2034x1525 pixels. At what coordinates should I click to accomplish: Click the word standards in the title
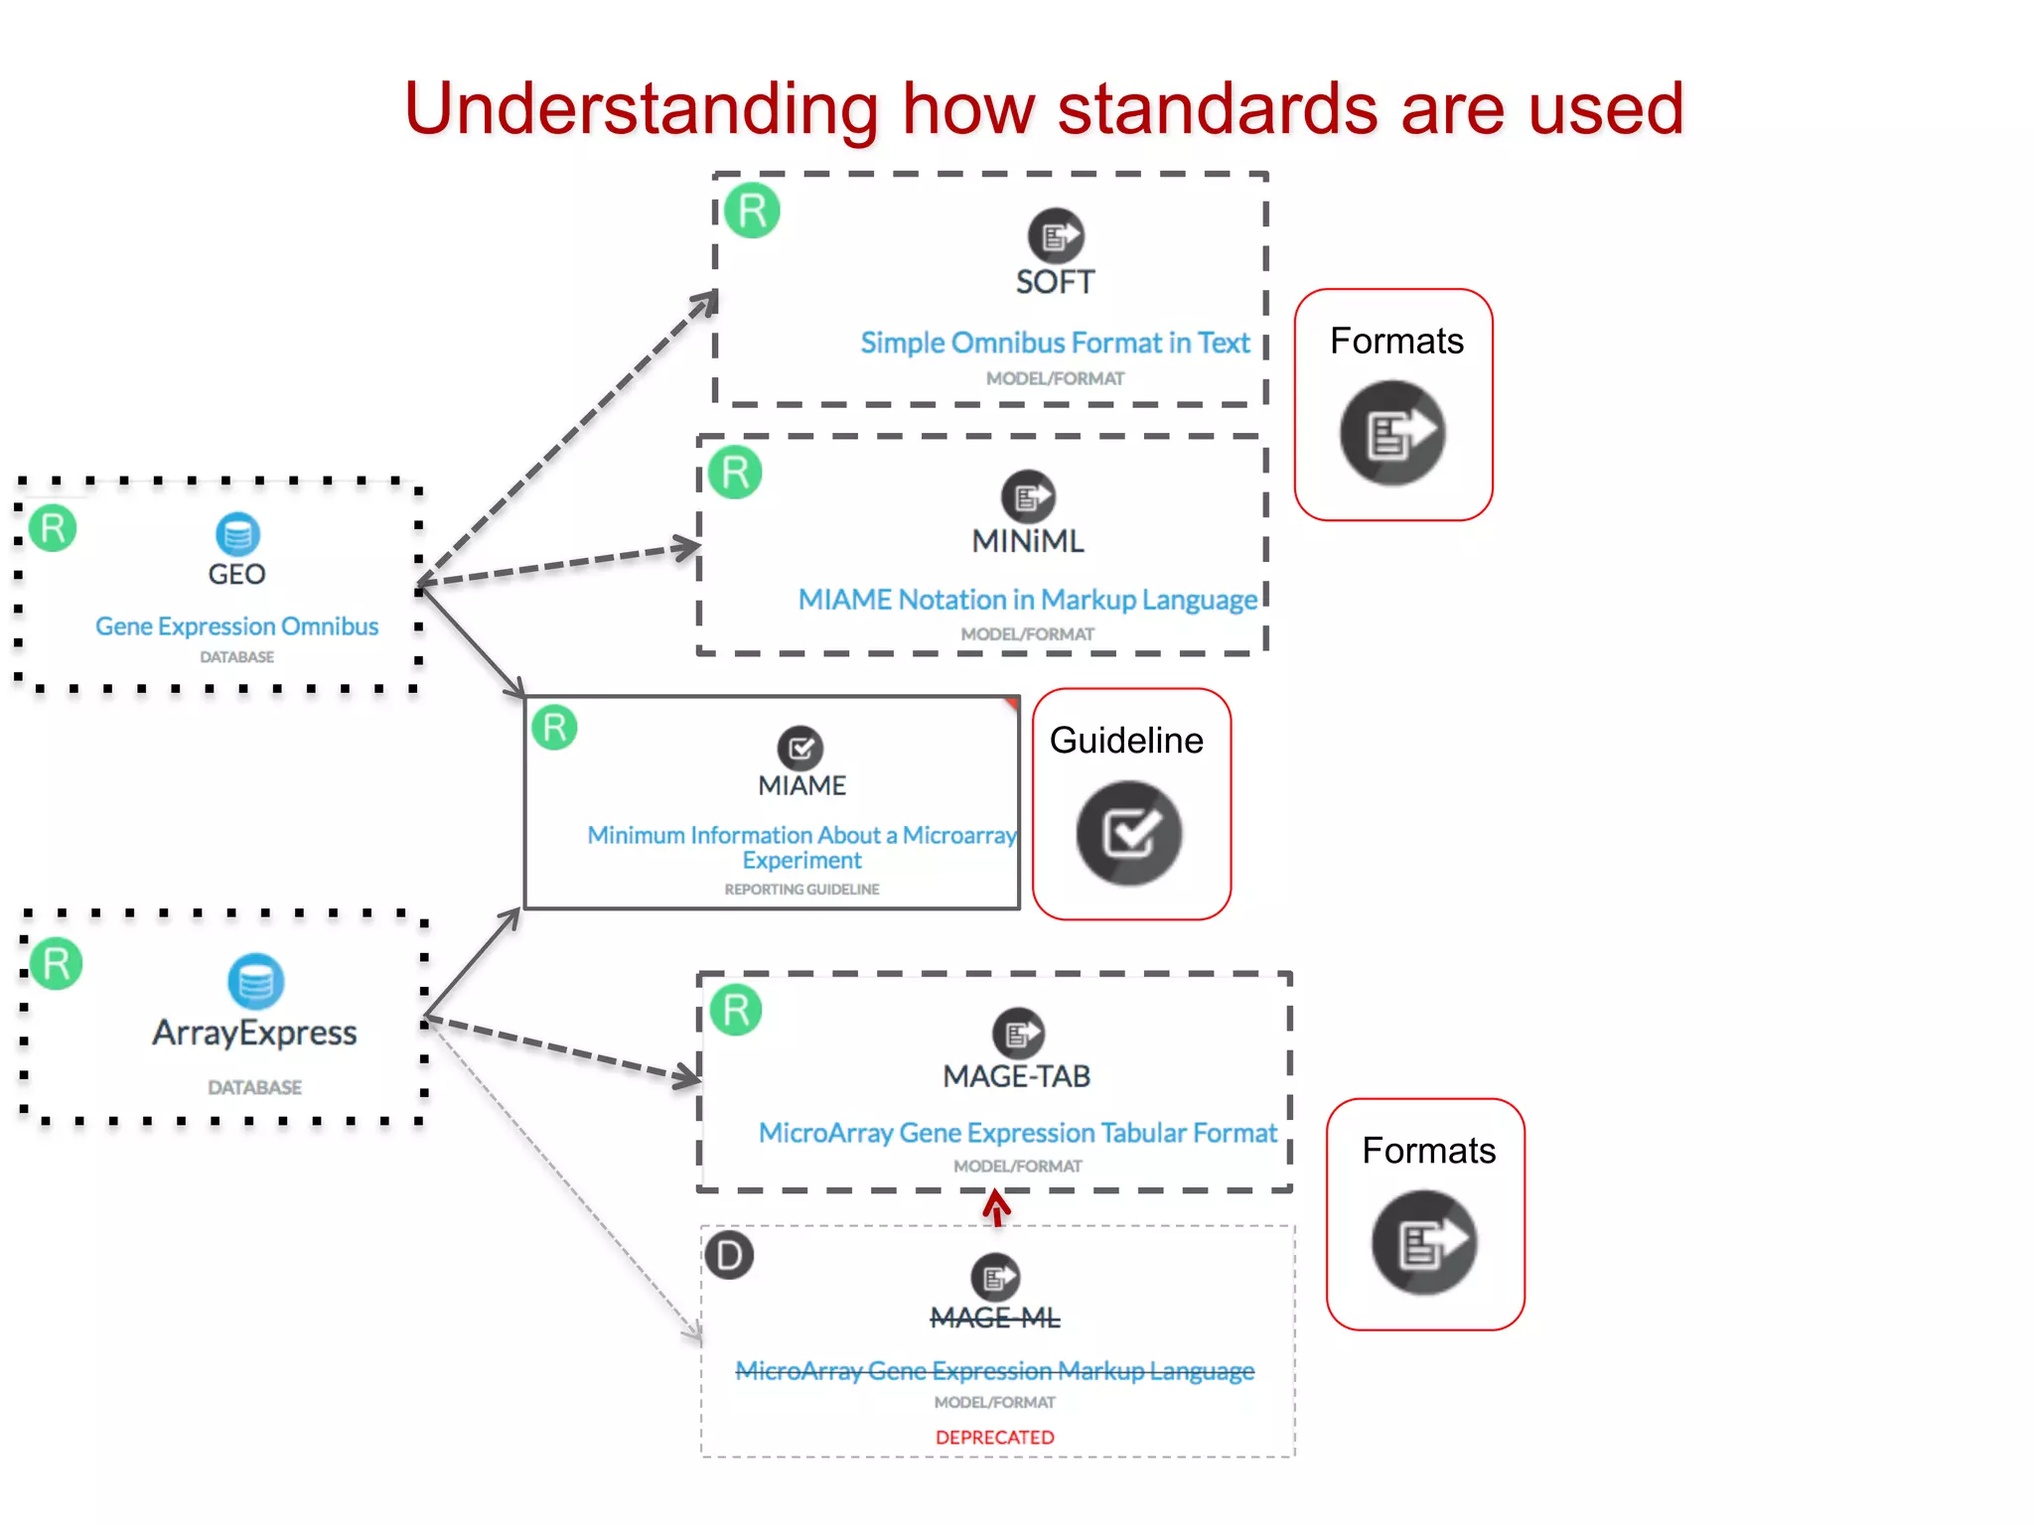(1218, 109)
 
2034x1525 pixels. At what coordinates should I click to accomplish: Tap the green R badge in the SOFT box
(752, 210)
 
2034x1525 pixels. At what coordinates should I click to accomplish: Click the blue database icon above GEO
(237, 534)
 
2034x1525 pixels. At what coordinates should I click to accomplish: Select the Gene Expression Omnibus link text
(236, 626)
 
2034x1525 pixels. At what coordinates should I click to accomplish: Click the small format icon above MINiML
(1027, 496)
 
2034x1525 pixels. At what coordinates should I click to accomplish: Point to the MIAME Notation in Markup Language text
(1027, 600)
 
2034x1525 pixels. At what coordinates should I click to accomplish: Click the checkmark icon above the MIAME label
(800, 748)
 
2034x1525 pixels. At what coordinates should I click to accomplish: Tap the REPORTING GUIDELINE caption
(801, 890)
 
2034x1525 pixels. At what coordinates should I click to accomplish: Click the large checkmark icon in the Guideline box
(1129, 833)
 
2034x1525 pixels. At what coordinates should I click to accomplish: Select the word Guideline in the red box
(1126, 741)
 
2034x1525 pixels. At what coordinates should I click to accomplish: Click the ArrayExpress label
(254, 1033)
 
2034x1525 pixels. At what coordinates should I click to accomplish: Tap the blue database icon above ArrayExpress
(255, 981)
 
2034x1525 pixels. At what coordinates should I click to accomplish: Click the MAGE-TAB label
(1016, 1076)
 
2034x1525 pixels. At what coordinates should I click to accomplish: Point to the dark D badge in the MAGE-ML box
(730, 1256)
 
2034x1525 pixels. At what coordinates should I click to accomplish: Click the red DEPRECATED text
(994, 1438)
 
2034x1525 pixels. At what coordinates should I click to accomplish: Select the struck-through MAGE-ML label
(994, 1318)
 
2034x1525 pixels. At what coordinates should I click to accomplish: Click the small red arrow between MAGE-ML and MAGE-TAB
(996, 1208)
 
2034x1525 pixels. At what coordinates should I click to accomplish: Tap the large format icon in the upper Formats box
(1392, 433)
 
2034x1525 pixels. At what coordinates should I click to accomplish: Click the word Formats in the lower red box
(1428, 1151)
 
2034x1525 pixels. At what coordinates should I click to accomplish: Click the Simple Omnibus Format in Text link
(1055, 343)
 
